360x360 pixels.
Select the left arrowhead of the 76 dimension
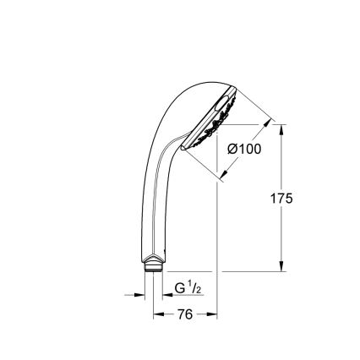pos(155,314)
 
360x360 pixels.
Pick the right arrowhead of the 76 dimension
pos(214,314)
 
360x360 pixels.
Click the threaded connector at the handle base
pos(154,268)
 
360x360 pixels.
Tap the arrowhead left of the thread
pos(139,295)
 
